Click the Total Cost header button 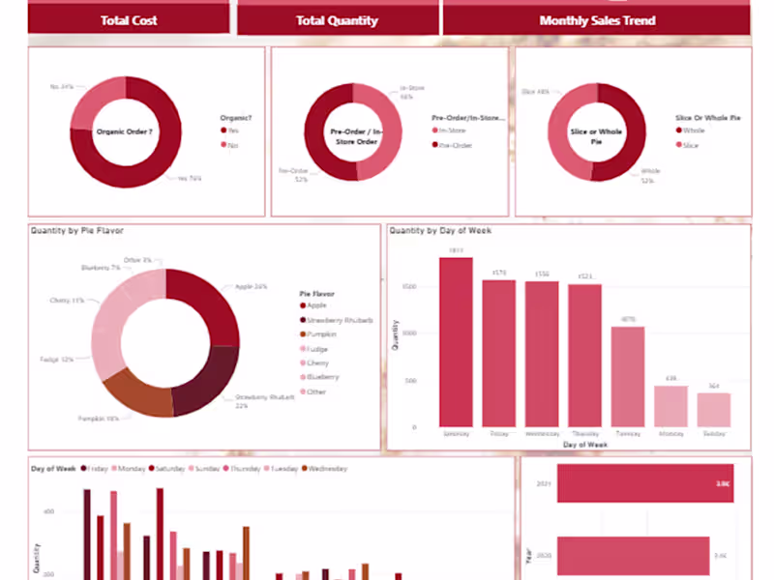tap(129, 20)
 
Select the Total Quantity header tap(337, 20)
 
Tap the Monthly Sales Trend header tap(597, 20)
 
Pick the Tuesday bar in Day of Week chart tap(627, 377)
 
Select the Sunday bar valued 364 tap(714, 410)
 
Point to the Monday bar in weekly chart tap(670, 406)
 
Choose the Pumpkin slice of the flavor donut tap(136, 391)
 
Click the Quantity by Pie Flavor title tap(76, 231)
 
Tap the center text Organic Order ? tap(125, 131)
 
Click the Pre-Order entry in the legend tap(454, 145)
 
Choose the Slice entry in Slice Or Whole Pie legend tap(691, 145)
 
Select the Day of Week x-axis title tap(584, 445)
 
